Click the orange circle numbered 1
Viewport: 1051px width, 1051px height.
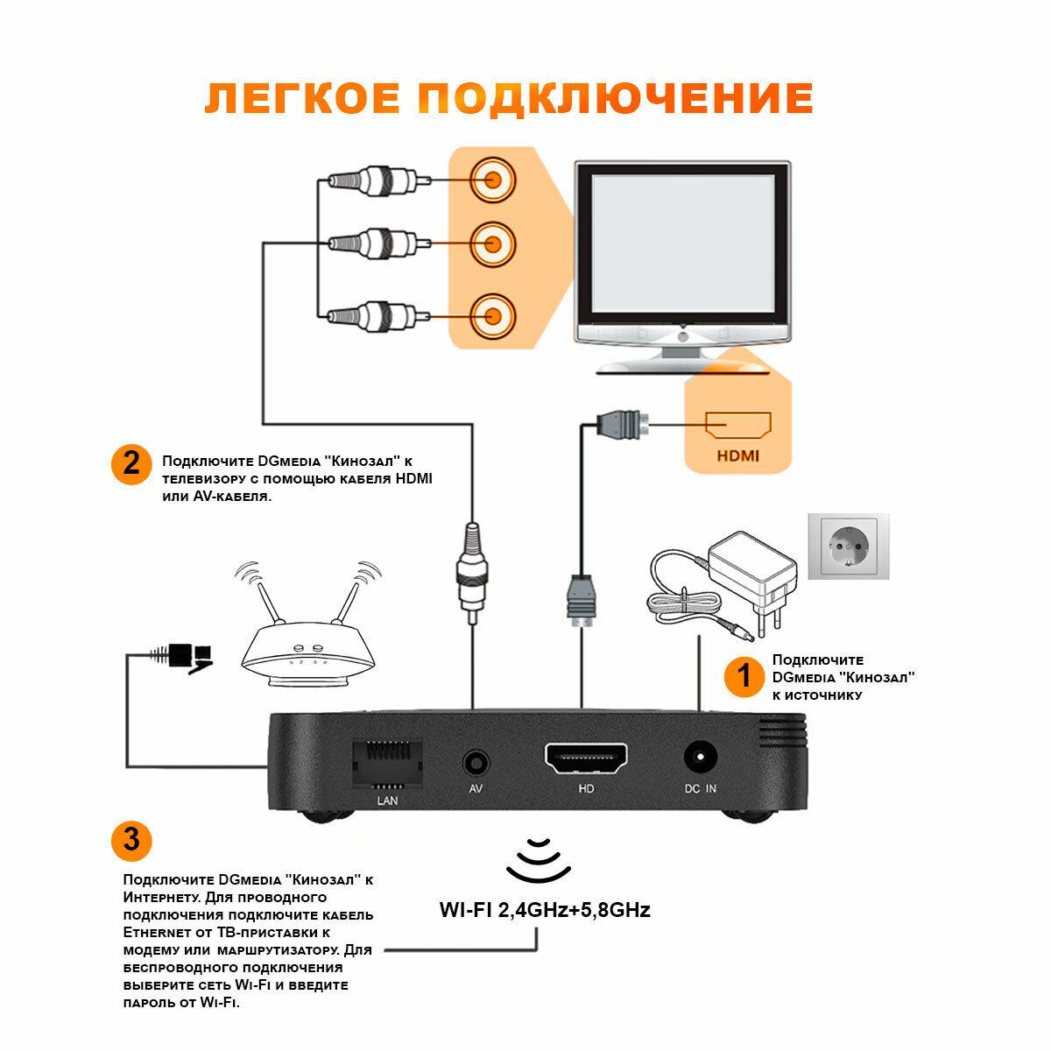pyautogui.click(x=744, y=677)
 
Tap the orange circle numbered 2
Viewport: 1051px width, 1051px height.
pyautogui.click(x=131, y=463)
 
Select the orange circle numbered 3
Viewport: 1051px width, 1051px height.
pyautogui.click(x=131, y=841)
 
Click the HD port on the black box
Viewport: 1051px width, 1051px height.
pyautogui.click(x=586, y=758)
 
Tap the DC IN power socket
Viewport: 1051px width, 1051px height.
pyautogui.click(x=700, y=758)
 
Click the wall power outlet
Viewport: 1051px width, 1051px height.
pyautogui.click(x=848, y=547)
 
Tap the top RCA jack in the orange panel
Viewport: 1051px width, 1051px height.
pyautogui.click(x=492, y=180)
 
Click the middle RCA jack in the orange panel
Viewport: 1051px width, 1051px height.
pyautogui.click(x=492, y=244)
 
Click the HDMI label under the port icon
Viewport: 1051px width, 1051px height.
pyautogui.click(x=737, y=455)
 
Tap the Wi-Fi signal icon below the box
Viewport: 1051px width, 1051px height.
pyautogui.click(x=539, y=861)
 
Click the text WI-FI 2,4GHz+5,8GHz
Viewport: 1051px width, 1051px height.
pyautogui.click(x=545, y=910)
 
